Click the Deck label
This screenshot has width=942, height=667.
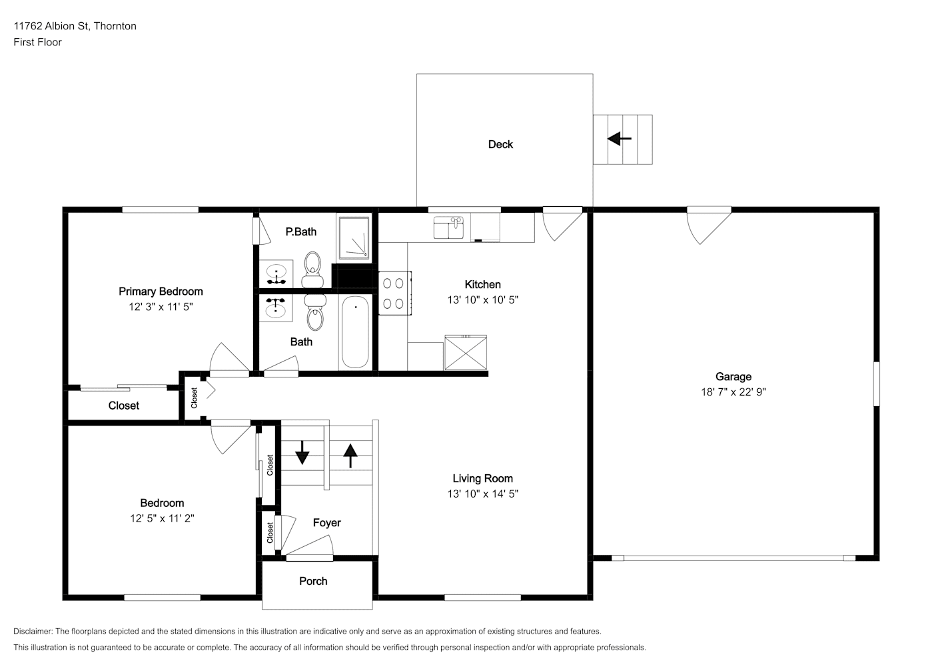(x=500, y=145)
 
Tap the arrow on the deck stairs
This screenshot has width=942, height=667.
(x=620, y=139)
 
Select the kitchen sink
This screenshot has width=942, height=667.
(x=449, y=227)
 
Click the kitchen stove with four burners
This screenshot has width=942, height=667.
(x=395, y=293)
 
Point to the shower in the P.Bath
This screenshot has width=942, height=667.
(x=354, y=237)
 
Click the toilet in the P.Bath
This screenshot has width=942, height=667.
(x=312, y=269)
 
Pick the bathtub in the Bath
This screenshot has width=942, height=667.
(x=355, y=331)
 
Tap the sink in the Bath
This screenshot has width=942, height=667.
(x=276, y=307)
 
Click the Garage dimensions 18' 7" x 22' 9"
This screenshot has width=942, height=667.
(x=733, y=392)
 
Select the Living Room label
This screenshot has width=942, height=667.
(x=483, y=478)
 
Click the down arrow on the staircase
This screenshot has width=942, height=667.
(x=302, y=453)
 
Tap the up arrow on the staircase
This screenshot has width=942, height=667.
(x=350, y=456)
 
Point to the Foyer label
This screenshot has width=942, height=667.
(x=326, y=523)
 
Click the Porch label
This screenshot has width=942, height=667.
(x=313, y=581)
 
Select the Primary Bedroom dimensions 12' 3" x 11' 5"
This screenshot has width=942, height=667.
(x=161, y=307)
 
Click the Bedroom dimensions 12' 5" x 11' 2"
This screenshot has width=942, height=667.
(x=162, y=518)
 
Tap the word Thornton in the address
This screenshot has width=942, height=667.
(x=115, y=26)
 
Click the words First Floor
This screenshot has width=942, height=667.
(x=37, y=42)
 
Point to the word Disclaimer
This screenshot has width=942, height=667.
(x=33, y=631)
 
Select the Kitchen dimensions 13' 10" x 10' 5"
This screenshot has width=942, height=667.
(x=483, y=299)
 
